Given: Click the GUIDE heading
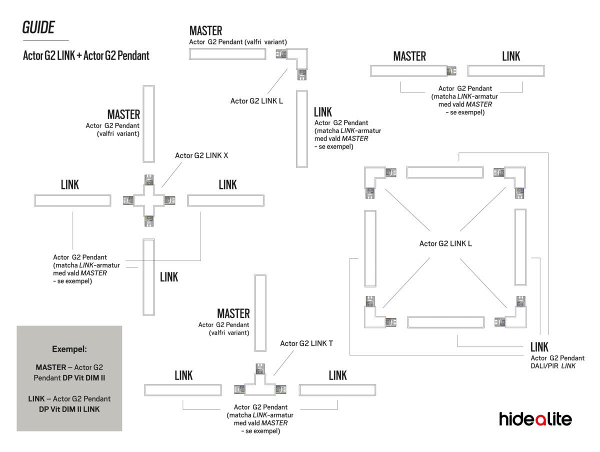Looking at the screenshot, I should [x=38, y=28].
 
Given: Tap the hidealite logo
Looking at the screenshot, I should [x=535, y=419].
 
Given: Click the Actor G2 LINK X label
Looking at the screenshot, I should [x=201, y=155].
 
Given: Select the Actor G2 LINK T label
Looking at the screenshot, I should [x=306, y=343].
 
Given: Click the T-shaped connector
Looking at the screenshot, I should [x=260, y=385].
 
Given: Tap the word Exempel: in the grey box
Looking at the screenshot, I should [x=69, y=349].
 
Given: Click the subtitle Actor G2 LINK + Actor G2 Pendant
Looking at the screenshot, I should [x=86, y=55].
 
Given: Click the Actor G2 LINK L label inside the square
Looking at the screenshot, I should [x=445, y=244].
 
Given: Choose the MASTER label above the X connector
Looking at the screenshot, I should [x=123, y=115].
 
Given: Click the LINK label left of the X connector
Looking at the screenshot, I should [x=70, y=185].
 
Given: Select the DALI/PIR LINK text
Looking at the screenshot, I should [x=553, y=366].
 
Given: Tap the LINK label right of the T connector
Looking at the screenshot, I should [x=337, y=375].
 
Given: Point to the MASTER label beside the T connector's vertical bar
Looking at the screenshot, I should [x=233, y=314].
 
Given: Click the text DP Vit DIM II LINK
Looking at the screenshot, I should [x=69, y=409].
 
